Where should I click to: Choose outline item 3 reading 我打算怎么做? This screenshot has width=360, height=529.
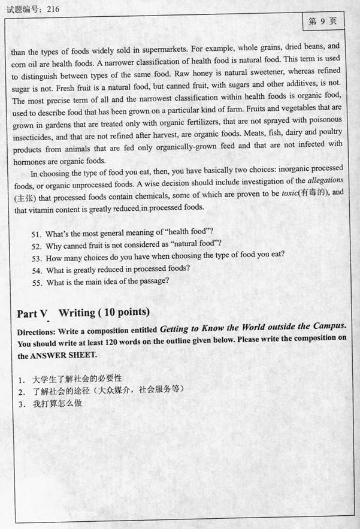(x=57, y=403)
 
